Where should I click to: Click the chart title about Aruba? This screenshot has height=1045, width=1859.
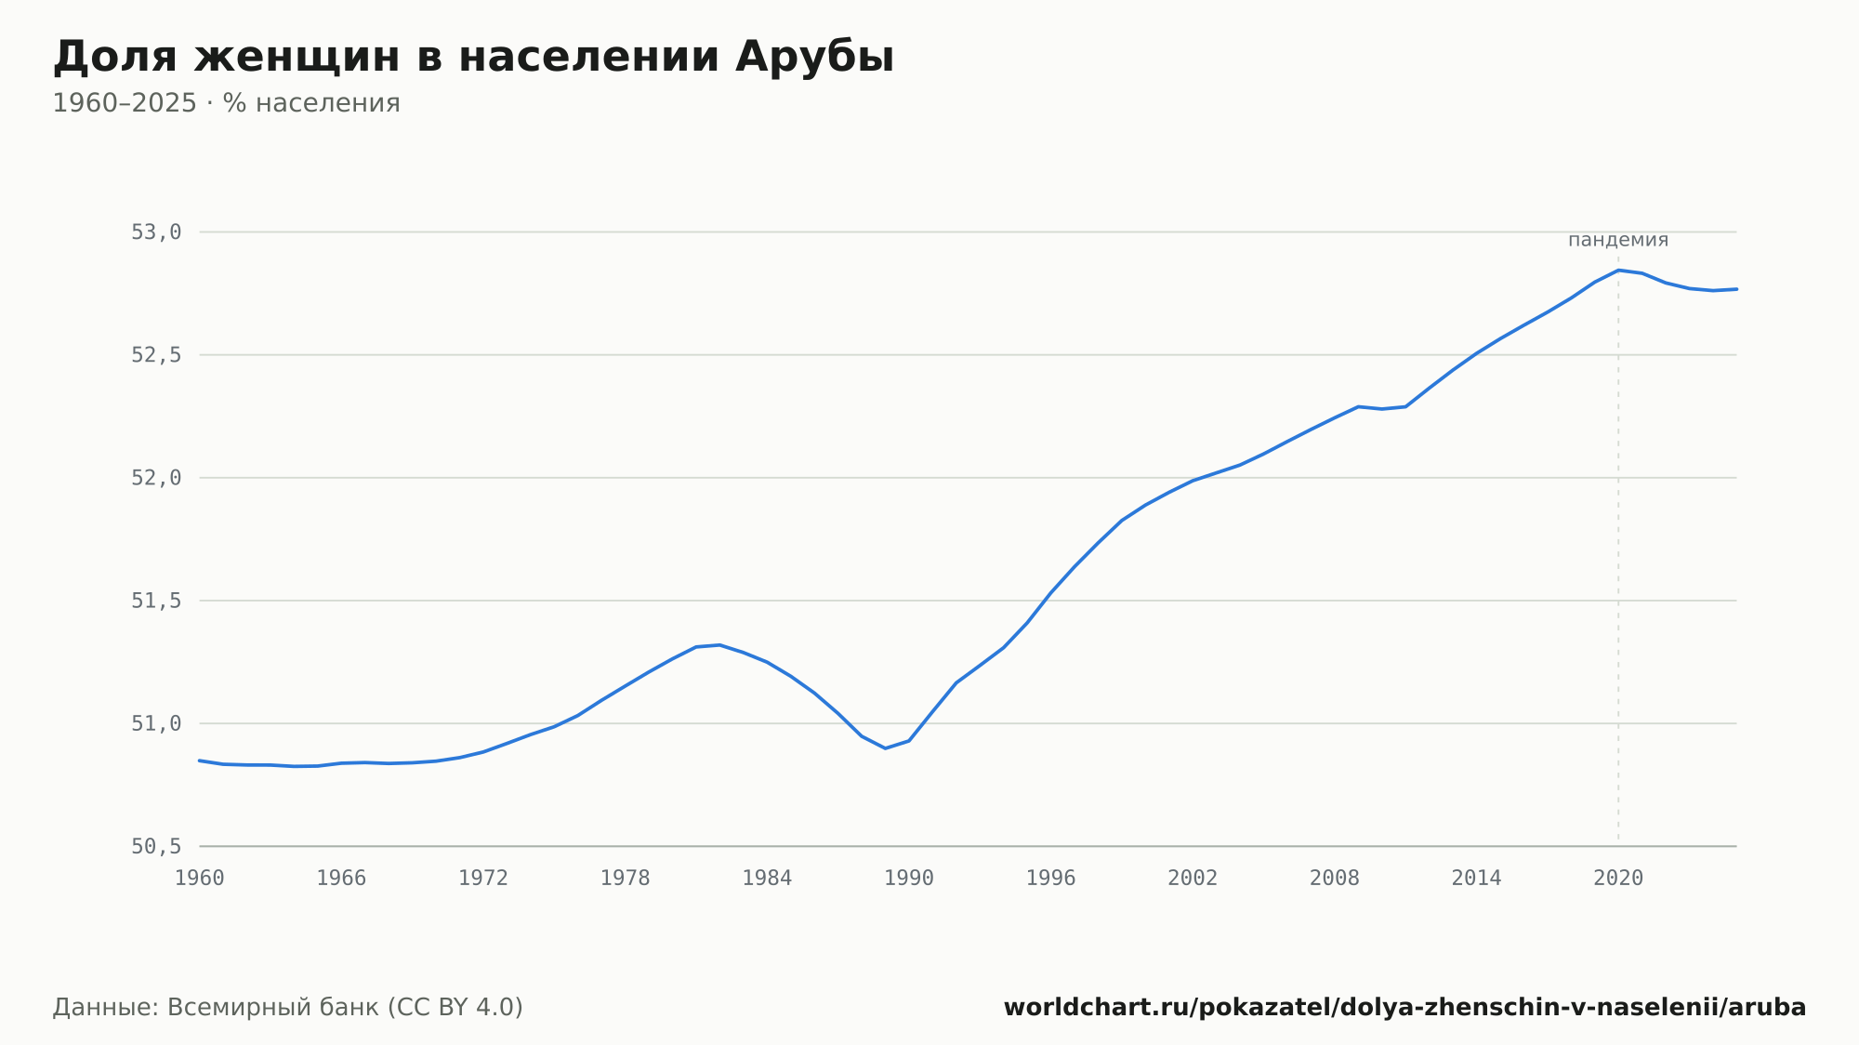pyautogui.click(x=473, y=58)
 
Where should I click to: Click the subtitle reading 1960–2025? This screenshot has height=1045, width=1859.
pyautogui.click(x=226, y=103)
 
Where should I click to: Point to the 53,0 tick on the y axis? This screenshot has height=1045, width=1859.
pyautogui.click(x=156, y=232)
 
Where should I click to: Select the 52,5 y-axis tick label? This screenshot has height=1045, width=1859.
pyautogui.click(x=156, y=355)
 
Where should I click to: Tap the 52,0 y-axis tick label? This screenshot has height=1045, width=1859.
pyautogui.click(x=156, y=478)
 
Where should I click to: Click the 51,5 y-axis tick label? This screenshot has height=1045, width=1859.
pyautogui.click(x=156, y=601)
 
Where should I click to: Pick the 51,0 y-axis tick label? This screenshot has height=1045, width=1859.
pyautogui.click(x=156, y=723)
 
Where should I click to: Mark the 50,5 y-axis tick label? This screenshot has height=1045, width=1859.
pyautogui.click(x=156, y=846)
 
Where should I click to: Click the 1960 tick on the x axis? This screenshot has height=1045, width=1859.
pyautogui.click(x=200, y=879)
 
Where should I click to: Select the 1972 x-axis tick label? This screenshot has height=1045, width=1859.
pyautogui.click(x=483, y=879)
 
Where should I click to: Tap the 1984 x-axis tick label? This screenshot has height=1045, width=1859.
pyautogui.click(x=767, y=879)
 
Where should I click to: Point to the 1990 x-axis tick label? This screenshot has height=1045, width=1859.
pyautogui.click(x=909, y=879)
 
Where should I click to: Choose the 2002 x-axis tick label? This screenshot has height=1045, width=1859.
pyautogui.click(x=1193, y=879)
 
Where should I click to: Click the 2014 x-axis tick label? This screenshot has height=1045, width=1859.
pyautogui.click(x=1476, y=879)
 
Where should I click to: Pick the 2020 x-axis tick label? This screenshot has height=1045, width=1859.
pyautogui.click(x=1618, y=879)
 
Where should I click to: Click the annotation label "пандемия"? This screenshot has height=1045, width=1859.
pyautogui.click(x=1618, y=240)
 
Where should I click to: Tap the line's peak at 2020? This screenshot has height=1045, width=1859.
pyautogui.click(x=1618, y=270)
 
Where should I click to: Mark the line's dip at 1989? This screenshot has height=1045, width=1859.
pyautogui.click(x=885, y=748)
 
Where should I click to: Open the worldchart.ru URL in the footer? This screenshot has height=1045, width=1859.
pyautogui.click(x=1404, y=1008)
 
